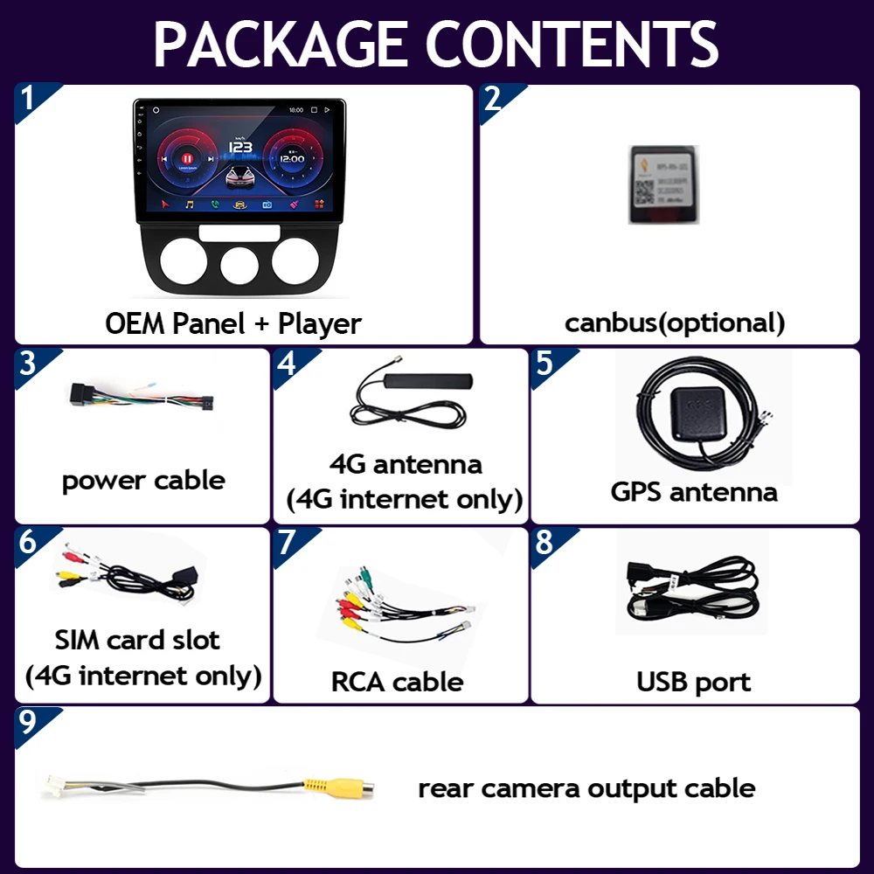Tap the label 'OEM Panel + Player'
[x=233, y=323]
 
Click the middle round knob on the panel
[x=239, y=264]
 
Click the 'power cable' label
[x=143, y=480]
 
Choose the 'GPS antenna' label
[x=694, y=491]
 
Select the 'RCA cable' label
[x=397, y=682]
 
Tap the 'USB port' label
[x=694, y=682]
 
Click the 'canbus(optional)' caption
[x=675, y=323]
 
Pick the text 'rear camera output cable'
[x=586, y=787]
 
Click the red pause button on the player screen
[x=185, y=160]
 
